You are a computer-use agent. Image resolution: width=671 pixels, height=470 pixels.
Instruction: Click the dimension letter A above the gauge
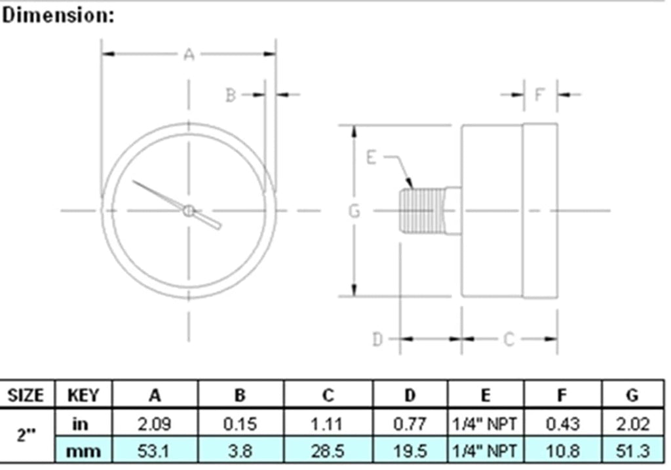pyautogui.click(x=189, y=54)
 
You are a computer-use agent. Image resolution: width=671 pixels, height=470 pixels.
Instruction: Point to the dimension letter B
pyautogui.click(x=231, y=95)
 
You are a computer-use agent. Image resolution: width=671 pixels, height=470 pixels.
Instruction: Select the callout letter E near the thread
pyautogui.click(x=372, y=158)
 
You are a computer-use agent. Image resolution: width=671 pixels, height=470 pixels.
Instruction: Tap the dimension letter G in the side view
pyautogui.click(x=355, y=211)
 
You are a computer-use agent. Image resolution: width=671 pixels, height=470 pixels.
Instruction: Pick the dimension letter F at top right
pyautogui.click(x=540, y=95)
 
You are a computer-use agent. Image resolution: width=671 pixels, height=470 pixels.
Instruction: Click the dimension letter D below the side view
pyautogui.click(x=377, y=339)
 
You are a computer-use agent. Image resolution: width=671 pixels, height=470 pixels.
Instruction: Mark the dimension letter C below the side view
pyautogui.click(x=509, y=339)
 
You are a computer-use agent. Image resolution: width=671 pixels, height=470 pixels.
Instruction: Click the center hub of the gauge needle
pyautogui.click(x=189, y=210)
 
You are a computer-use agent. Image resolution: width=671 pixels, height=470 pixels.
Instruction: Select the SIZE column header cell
pyautogui.click(x=26, y=395)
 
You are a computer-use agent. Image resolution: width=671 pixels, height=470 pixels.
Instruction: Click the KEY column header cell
pyautogui.click(x=84, y=395)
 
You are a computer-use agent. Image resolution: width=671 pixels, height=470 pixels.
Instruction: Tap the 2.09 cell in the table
pyautogui.click(x=155, y=423)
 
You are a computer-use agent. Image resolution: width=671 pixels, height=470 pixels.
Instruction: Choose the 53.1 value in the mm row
pyautogui.click(x=155, y=451)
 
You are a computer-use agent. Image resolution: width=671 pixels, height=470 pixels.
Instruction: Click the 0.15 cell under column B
pyautogui.click(x=240, y=423)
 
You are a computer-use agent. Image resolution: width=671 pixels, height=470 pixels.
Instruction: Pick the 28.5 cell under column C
pyautogui.click(x=328, y=451)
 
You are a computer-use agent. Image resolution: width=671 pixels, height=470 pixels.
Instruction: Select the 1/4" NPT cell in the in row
pyautogui.click(x=485, y=423)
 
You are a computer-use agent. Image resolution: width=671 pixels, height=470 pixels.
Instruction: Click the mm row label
pyautogui.click(x=84, y=451)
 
